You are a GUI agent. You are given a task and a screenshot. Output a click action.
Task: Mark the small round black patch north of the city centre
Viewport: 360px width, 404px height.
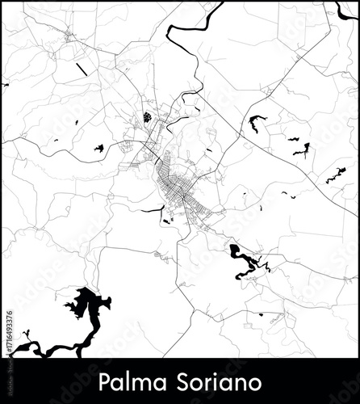point(148,117)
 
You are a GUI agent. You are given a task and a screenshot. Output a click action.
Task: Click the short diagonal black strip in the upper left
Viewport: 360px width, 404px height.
point(82,69)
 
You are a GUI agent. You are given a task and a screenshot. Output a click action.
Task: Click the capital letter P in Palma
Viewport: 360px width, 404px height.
point(103,381)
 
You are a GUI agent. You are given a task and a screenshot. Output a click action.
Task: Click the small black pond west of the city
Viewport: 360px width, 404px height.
point(98,148)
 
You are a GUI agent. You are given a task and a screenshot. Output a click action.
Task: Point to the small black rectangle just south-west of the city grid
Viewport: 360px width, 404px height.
point(166,220)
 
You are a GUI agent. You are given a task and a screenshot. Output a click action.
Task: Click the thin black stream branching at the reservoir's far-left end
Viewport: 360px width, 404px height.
point(26,335)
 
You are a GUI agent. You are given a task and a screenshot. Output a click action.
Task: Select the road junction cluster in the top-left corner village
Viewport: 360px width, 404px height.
point(69,36)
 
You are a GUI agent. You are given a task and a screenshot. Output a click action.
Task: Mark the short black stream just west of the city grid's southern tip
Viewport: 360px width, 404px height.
point(153,210)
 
